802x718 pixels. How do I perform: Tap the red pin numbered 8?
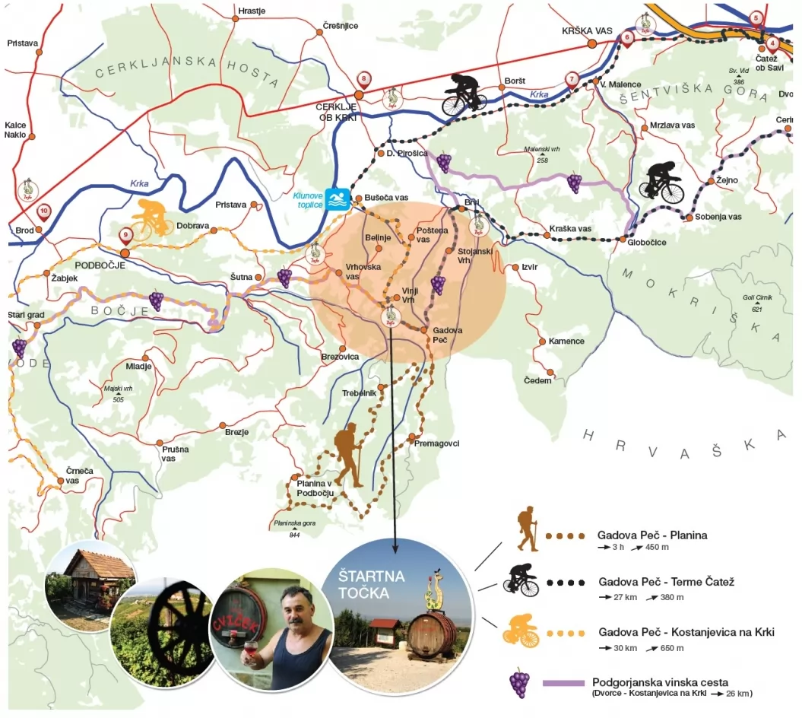365,79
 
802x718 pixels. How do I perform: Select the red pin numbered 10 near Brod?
44,211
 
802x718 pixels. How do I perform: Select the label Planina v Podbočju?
315,488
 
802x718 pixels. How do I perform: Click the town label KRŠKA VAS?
587,30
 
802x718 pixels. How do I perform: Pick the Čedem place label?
537,380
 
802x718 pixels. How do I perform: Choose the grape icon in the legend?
519,683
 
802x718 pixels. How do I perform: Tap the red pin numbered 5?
756,19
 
